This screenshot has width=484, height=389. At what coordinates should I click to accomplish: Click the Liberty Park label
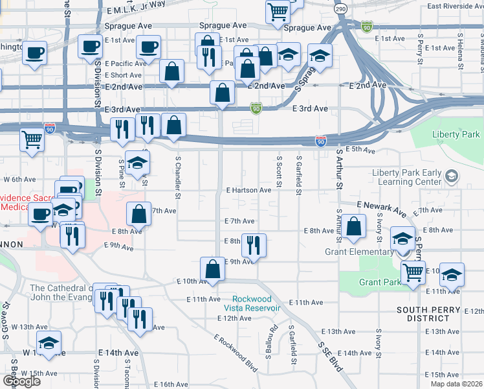pos(456,134)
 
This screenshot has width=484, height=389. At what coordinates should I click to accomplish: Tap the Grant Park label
pos(380,282)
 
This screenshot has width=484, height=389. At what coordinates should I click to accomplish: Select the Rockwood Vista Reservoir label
pos(252,303)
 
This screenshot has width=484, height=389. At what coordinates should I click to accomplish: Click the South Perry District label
pos(424,314)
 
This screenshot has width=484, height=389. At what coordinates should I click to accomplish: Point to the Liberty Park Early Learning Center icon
pos(451,176)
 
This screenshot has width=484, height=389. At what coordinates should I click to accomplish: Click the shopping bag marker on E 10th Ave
pos(213,268)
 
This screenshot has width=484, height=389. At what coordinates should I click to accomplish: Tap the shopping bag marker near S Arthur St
pos(354,227)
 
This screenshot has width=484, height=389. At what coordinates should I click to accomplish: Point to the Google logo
pos(22,381)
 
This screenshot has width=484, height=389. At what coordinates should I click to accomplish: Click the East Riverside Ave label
pos(455,6)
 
